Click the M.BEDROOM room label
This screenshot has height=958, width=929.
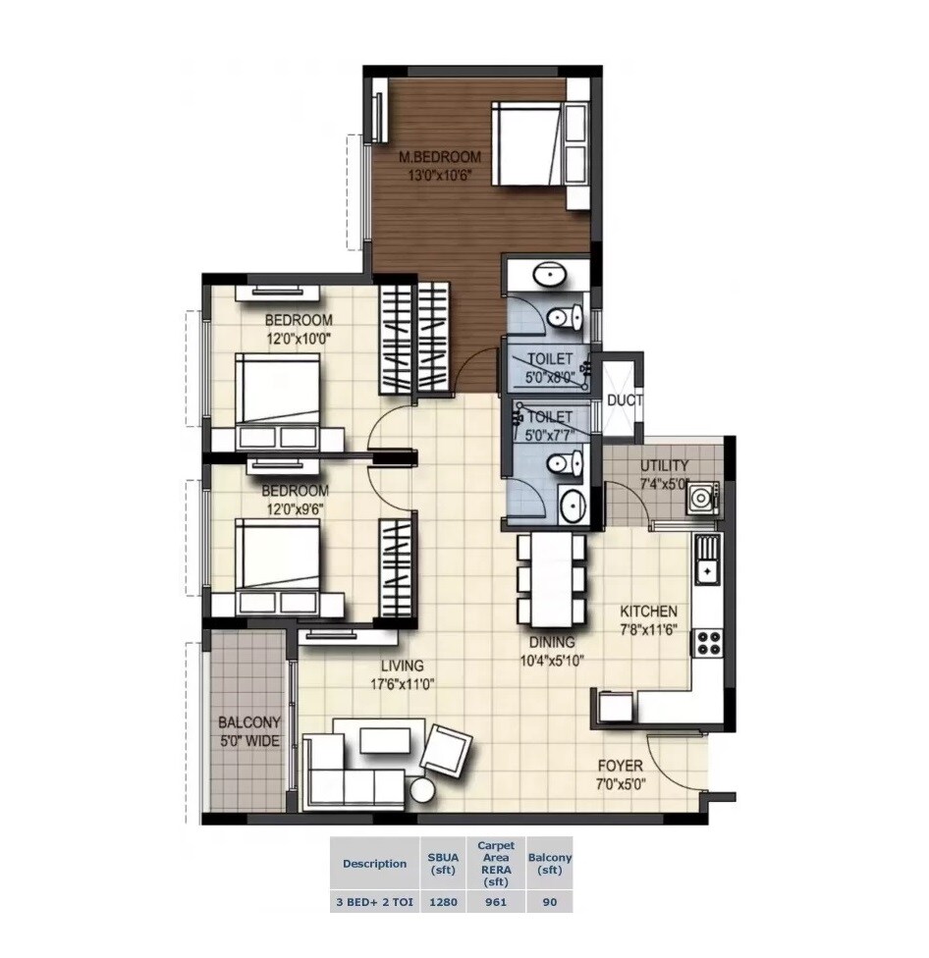click(439, 157)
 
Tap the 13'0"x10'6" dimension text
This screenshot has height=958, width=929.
click(440, 176)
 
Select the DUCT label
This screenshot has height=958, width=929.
click(624, 400)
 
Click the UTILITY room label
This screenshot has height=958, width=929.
click(665, 465)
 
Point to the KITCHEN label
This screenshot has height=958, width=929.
click(647, 612)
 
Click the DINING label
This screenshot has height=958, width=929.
click(551, 642)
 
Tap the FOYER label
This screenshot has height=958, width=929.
click(620, 766)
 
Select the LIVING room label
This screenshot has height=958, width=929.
click(402, 666)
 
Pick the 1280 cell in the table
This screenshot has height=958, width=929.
click(443, 902)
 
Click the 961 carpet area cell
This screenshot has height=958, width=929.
click(496, 902)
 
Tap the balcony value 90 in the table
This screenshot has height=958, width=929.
click(549, 902)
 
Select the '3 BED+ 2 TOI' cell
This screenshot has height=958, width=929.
click(374, 902)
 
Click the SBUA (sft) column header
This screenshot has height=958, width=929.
click(443, 864)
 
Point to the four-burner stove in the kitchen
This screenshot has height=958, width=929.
click(707, 643)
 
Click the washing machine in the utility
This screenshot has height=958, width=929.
click(701, 498)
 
